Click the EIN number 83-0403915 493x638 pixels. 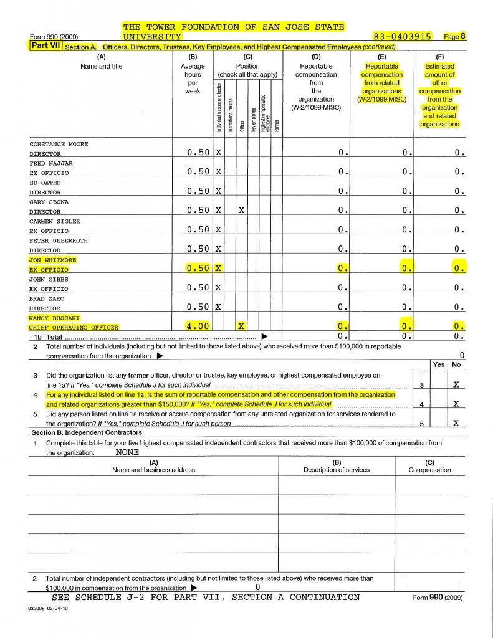(x=401, y=37)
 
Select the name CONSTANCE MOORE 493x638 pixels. (x=59, y=144)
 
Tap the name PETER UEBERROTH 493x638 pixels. (x=59, y=240)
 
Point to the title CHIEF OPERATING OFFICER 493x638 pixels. (x=74, y=327)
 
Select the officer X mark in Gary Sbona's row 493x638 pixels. (x=241, y=211)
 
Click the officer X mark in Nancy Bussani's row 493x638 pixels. (x=241, y=326)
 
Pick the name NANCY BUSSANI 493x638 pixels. (x=55, y=318)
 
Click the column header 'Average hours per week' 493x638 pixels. (x=193, y=79)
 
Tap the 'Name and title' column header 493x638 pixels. (x=102, y=66)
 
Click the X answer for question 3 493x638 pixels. (x=456, y=385)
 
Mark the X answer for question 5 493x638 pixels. (x=456, y=423)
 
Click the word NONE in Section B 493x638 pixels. (x=127, y=453)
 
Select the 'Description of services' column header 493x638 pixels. (x=337, y=470)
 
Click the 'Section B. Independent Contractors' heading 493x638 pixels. (x=87, y=432)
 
